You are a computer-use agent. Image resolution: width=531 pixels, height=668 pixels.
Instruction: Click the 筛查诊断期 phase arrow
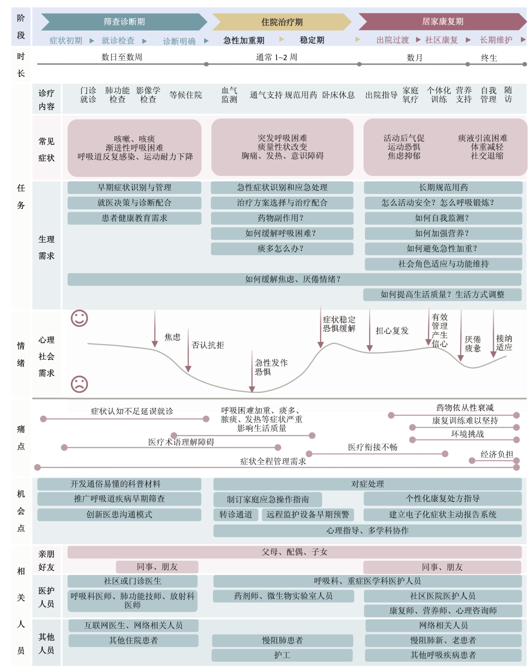pos(124,22)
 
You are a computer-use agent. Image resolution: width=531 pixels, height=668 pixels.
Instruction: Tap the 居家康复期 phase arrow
pos(442,22)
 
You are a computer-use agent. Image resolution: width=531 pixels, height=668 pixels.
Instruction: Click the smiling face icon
pos(79,318)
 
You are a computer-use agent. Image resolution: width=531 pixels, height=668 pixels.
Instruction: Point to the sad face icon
pos(79,384)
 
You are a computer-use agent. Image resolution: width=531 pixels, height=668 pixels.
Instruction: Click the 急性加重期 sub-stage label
pos(244,41)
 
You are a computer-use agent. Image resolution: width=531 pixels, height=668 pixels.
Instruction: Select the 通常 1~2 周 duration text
pos(277,57)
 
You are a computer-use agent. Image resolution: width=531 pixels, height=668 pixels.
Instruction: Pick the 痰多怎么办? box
pos(282,249)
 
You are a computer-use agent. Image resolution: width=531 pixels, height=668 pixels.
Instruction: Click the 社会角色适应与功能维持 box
pos(443,264)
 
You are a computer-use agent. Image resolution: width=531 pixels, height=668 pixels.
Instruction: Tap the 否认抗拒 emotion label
pos(208,345)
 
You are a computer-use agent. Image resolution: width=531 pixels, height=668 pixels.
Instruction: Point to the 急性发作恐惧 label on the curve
pos(271,367)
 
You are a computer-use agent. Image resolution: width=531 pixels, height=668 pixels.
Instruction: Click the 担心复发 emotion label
pos(392,331)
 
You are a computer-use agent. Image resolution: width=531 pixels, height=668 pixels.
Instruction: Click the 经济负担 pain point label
pos(496,454)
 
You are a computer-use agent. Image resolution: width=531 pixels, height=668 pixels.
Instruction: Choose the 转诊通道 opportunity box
pos(236,514)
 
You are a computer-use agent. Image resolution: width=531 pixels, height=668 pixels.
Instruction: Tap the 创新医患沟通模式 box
pos(119,514)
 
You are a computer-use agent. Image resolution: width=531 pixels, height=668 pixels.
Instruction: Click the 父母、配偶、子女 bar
pos(294,552)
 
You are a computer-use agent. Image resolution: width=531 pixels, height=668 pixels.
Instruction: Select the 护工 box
pos(282,655)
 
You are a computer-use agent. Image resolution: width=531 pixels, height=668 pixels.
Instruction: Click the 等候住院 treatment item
pos(185,95)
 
